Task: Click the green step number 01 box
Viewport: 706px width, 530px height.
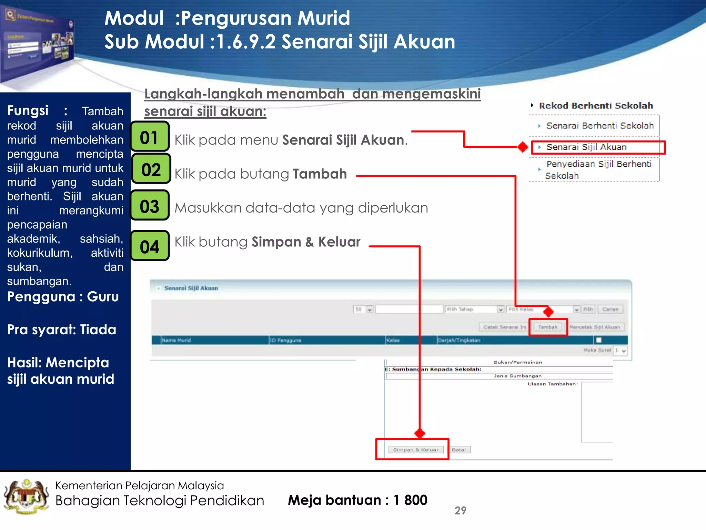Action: pos(150,137)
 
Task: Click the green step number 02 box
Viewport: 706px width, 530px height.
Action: pos(151,169)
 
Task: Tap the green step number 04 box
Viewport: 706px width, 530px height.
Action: pos(150,246)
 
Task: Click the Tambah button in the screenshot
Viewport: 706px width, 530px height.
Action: pos(547,327)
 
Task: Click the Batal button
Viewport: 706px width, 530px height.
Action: pos(458,450)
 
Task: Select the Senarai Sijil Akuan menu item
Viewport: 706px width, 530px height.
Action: pos(586,147)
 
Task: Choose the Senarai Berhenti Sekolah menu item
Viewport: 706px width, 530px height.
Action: pos(600,126)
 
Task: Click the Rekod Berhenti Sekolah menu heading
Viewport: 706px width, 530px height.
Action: pos(596,106)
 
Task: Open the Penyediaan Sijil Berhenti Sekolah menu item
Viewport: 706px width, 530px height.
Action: pos(598,169)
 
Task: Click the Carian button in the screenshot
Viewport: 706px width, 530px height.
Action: pos(610,309)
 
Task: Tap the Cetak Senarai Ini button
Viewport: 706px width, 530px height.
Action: pos(504,327)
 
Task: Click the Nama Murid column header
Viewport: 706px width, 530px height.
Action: pos(176,340)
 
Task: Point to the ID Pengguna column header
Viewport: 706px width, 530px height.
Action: pos(285,340)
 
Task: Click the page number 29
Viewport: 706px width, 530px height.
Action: pos(460,510)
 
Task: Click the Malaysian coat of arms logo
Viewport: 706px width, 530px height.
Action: pos(26,497)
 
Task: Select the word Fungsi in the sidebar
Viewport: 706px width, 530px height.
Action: pos(28,111)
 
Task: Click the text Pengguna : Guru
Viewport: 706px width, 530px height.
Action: pos(63,297)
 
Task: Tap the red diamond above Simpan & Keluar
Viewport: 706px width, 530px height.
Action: pos(420,433)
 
